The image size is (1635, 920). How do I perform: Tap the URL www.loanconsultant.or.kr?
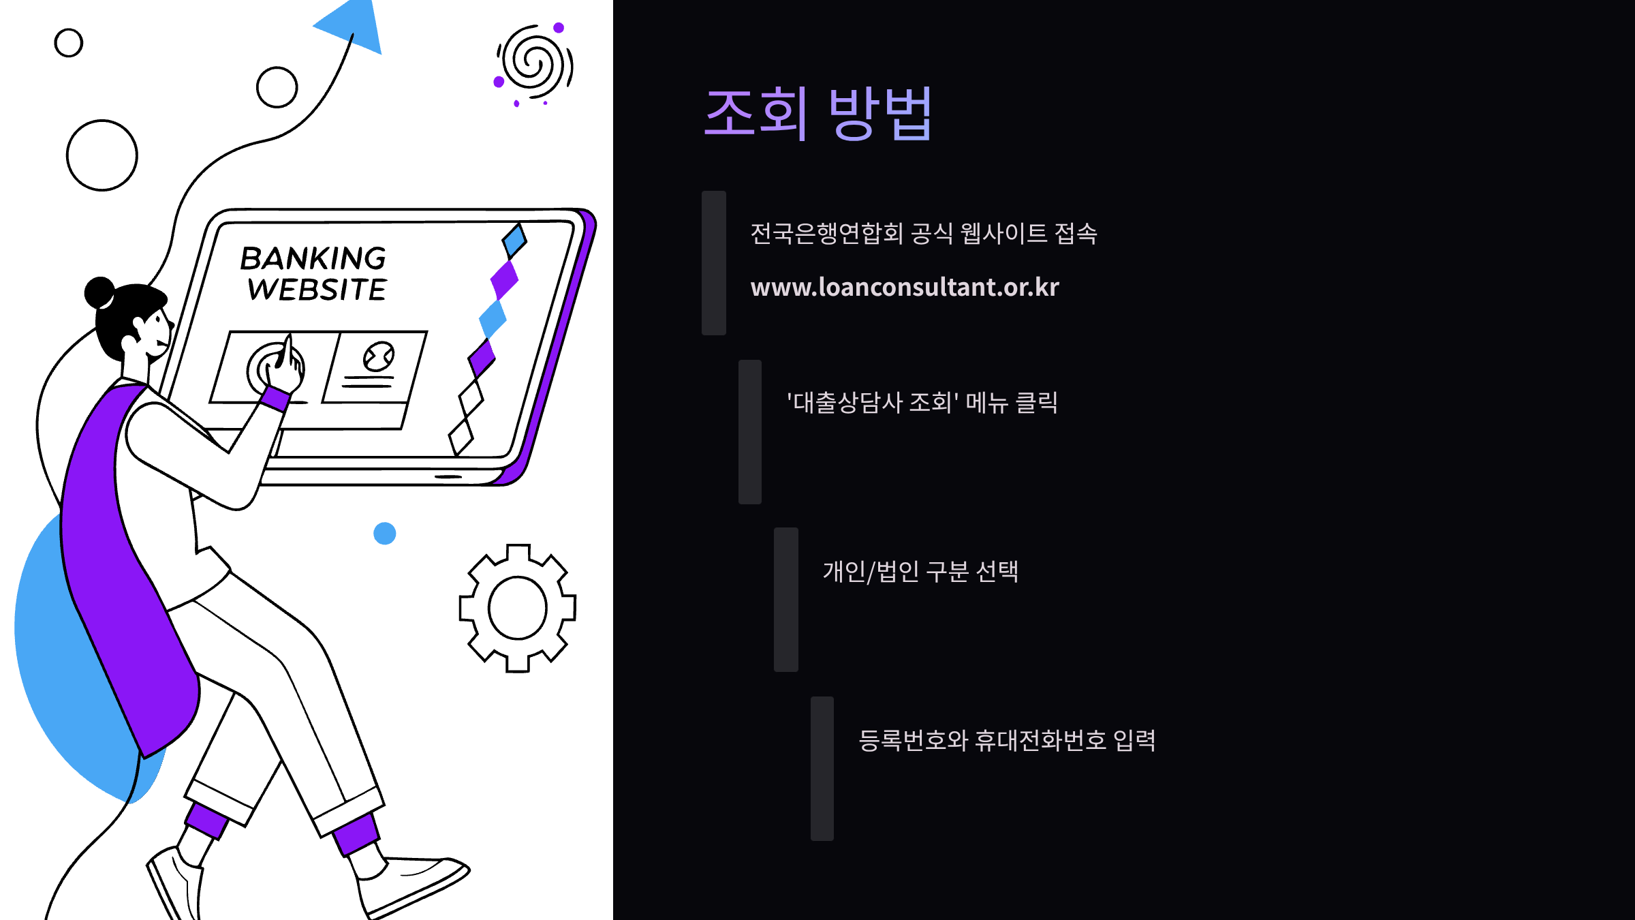click(x=905, y=287)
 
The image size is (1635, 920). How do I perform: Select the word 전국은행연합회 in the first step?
click(x=826, y=234)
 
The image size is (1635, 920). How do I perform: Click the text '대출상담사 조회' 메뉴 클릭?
click(x=922, y=403)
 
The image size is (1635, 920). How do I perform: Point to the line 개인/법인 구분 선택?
click(x=920, y=572)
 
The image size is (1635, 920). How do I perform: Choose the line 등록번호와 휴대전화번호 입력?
click(x=1006, y=741)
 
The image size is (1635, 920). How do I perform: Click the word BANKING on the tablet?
click(x=313, y=259)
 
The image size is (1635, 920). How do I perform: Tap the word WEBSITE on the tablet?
click(x=317, y=290)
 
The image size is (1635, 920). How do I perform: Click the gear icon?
click(x=518, y=608)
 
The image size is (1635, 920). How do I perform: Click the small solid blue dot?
click(x=385, y=533)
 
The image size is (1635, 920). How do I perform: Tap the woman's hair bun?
click(x=99, y=292)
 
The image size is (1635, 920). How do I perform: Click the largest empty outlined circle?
click(x=102, y=155)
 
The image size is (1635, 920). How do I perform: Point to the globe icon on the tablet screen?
click(x=379, y=356)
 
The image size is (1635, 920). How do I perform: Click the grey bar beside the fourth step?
click(x=822, y=768)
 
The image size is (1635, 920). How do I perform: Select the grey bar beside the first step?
click(x=714, y=263)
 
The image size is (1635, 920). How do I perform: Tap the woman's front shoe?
click(x=416, y=883)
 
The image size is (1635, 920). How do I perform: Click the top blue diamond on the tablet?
click(x=514, y=240)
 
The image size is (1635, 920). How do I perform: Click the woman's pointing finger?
click(x=289, y=351)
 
